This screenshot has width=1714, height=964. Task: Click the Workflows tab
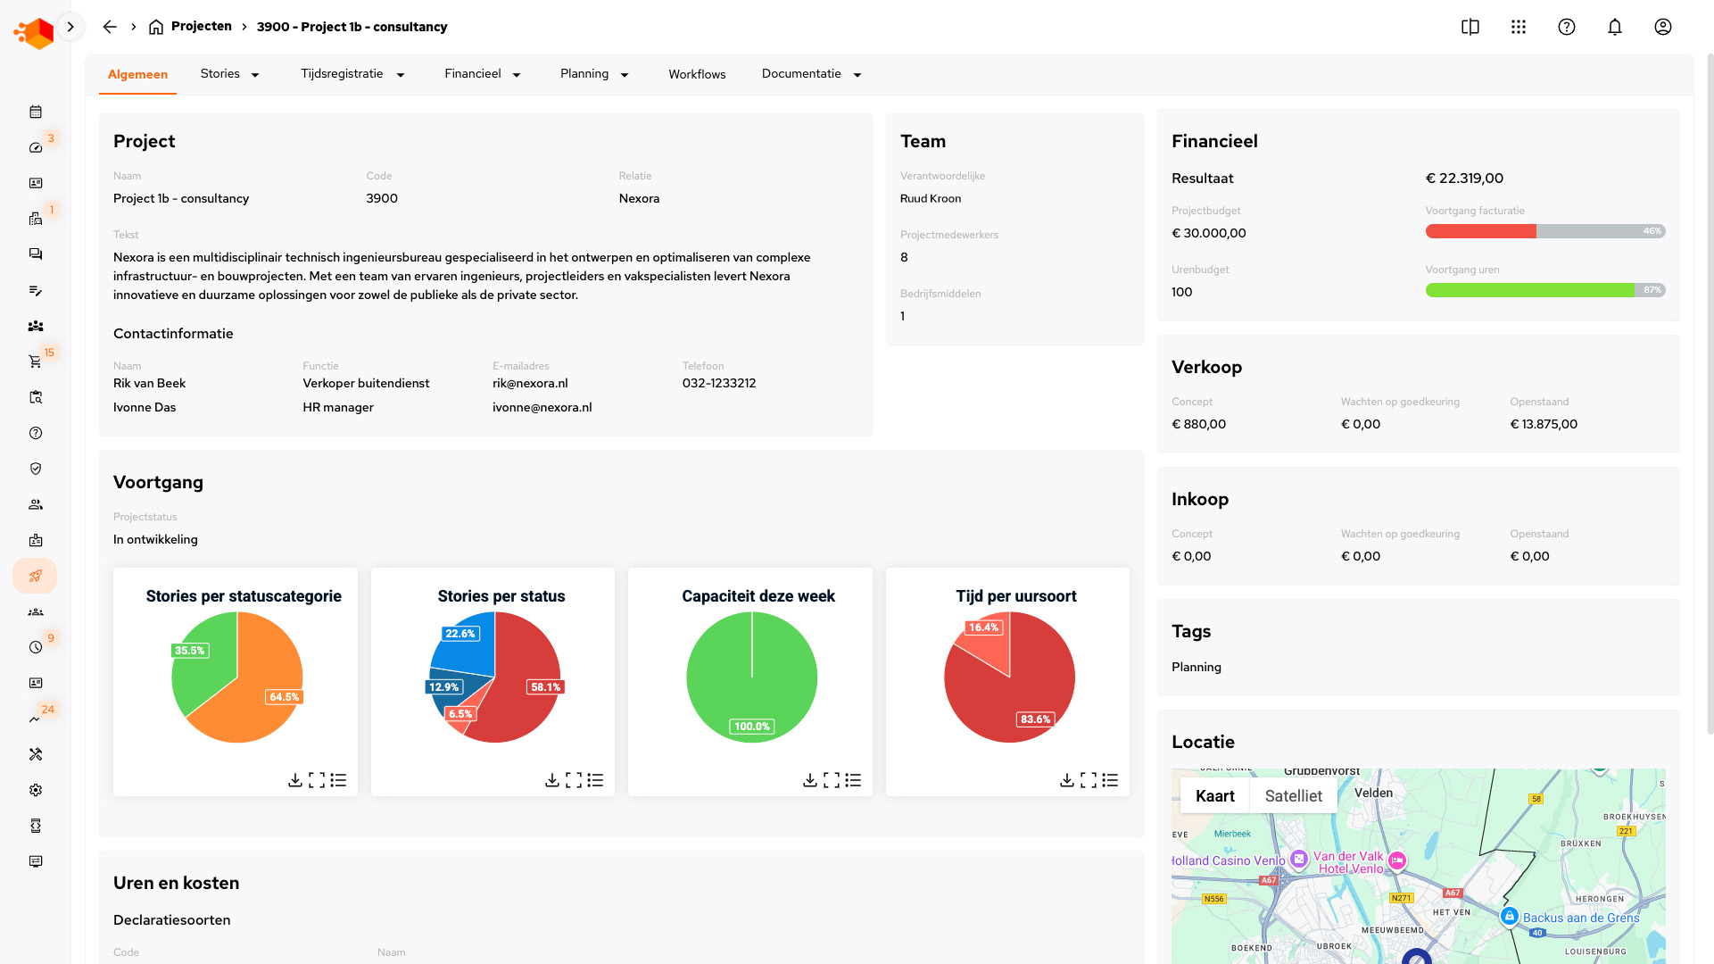[x=697, y=74]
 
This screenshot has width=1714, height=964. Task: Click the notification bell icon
[x=1614, y=27]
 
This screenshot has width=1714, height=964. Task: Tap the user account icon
[x=1662, y=27]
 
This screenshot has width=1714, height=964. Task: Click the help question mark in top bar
[x=1566, y=27]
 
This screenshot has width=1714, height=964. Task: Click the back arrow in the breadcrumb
[x=110, y=27]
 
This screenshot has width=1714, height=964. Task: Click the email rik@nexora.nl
[x=530, y=383]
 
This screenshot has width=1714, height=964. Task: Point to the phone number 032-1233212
[x=718, y=383]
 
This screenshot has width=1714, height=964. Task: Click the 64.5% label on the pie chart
[x=284, y=697]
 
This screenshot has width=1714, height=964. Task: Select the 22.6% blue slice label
[x=460, y=634]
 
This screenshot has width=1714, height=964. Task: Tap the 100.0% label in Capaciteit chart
[x=751, y=727]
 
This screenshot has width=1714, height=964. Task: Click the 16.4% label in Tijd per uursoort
[x=983, y=627]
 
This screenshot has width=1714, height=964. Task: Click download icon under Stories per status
[x=552, y=780]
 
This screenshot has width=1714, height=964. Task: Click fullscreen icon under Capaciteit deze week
[x=832, y=780]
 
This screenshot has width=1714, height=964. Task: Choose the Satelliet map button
[x=1293, y=796]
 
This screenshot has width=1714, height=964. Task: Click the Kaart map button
[x=1214, y=796]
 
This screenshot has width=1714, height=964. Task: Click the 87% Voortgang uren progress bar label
[x=1652, y=290]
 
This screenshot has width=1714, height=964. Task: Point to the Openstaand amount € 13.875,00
[x=1544, y=424]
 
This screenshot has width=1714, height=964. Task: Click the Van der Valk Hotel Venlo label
[x=1348, y=862]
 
